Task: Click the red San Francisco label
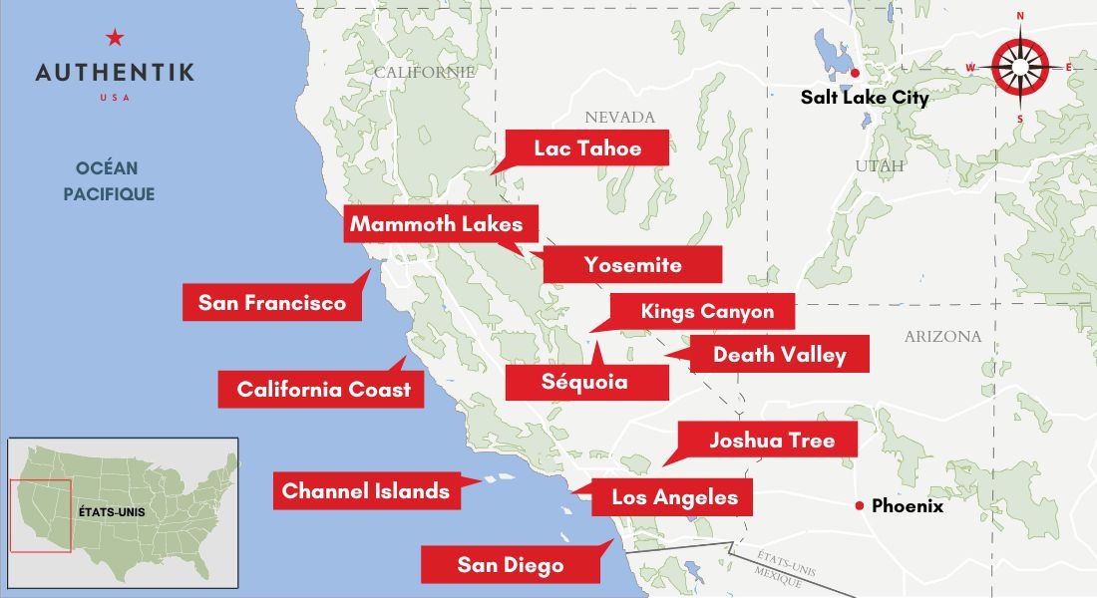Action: [x=271, y=302]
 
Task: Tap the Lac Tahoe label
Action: [x=586, y=149]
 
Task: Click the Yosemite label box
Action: [x=632, y=264]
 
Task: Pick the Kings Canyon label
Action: [x=707, y=311]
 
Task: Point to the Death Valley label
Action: [x=779, y=354]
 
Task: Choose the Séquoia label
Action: [x=584, y=382]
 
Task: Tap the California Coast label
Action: [x=322, y=389]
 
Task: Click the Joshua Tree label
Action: [x=771, y=440]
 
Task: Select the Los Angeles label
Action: [x=674, y=496]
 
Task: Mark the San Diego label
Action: [x=511, y=565]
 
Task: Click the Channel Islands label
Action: [x=366, y=490]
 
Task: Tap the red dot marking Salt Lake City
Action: [x=855, y=73]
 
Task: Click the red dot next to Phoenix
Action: [x=859, y=506]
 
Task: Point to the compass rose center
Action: [x=1019, y=67]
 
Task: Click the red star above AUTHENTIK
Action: [x=115, y=39]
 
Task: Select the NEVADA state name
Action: [x=619, y=118]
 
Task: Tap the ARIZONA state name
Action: [x=942, y=337]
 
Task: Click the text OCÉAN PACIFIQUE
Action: [x=109, y=181]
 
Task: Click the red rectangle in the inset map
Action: [x=40, y=515]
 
